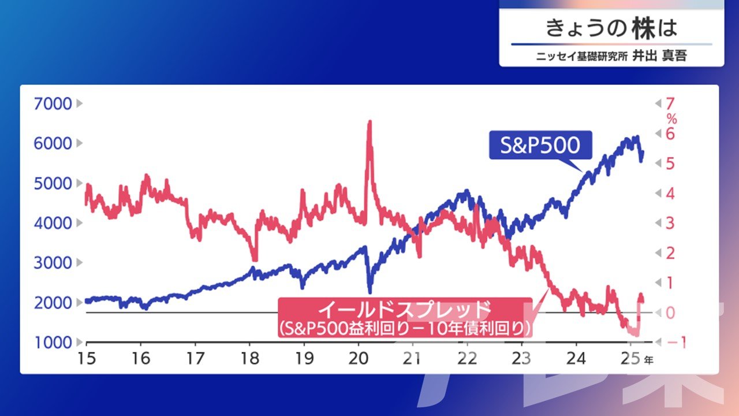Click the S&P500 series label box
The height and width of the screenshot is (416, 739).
[x=540, y=145]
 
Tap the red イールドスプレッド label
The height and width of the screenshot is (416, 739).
[x=405, y=317]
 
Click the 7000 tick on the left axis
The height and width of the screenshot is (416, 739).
[x=53, y=103]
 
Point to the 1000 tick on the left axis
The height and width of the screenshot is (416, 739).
[x=53, y=343]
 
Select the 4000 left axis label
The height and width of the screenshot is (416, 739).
[x=53, y=223]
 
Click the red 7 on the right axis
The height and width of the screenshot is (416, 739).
[x=670, y=103]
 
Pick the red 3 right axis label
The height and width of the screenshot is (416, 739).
[x=670, y=223]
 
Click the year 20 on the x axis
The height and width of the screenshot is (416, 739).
[x=359, y=358]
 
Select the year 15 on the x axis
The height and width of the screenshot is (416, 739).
[x=87, y=358]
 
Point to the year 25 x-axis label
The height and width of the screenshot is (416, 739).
[x=630, y=358]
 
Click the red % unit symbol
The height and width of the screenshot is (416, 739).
[x=671, y=119]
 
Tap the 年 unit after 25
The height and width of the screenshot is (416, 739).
[x=648, y=360]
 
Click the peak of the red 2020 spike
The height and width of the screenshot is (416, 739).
[x=370, y=121]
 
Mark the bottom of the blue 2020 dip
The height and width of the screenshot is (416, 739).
[x=370, y=292]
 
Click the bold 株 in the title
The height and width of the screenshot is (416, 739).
[x=643, y=28]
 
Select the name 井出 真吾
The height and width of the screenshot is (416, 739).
[x=659, y=56]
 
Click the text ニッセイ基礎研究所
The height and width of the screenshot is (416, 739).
[x=582, y=57]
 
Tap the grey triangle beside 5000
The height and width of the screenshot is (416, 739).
[x=79, y=183]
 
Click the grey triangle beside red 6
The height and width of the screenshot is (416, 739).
[x=658, y=133]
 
